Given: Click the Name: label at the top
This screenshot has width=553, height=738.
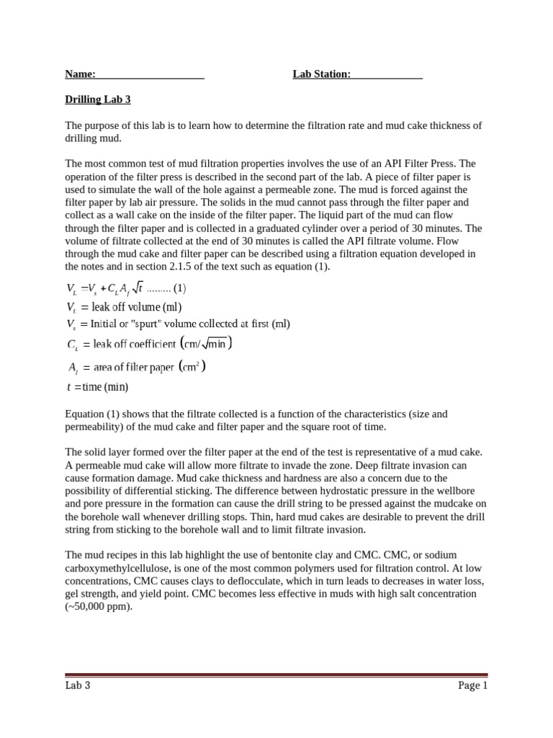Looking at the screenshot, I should click(x=80, y=74).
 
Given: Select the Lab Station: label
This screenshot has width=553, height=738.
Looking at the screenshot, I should click(x=321, y=74).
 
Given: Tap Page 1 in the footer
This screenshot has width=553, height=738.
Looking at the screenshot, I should click(x=472, y=685).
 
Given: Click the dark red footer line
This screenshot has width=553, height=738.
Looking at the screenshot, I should click(x=276, y=675).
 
